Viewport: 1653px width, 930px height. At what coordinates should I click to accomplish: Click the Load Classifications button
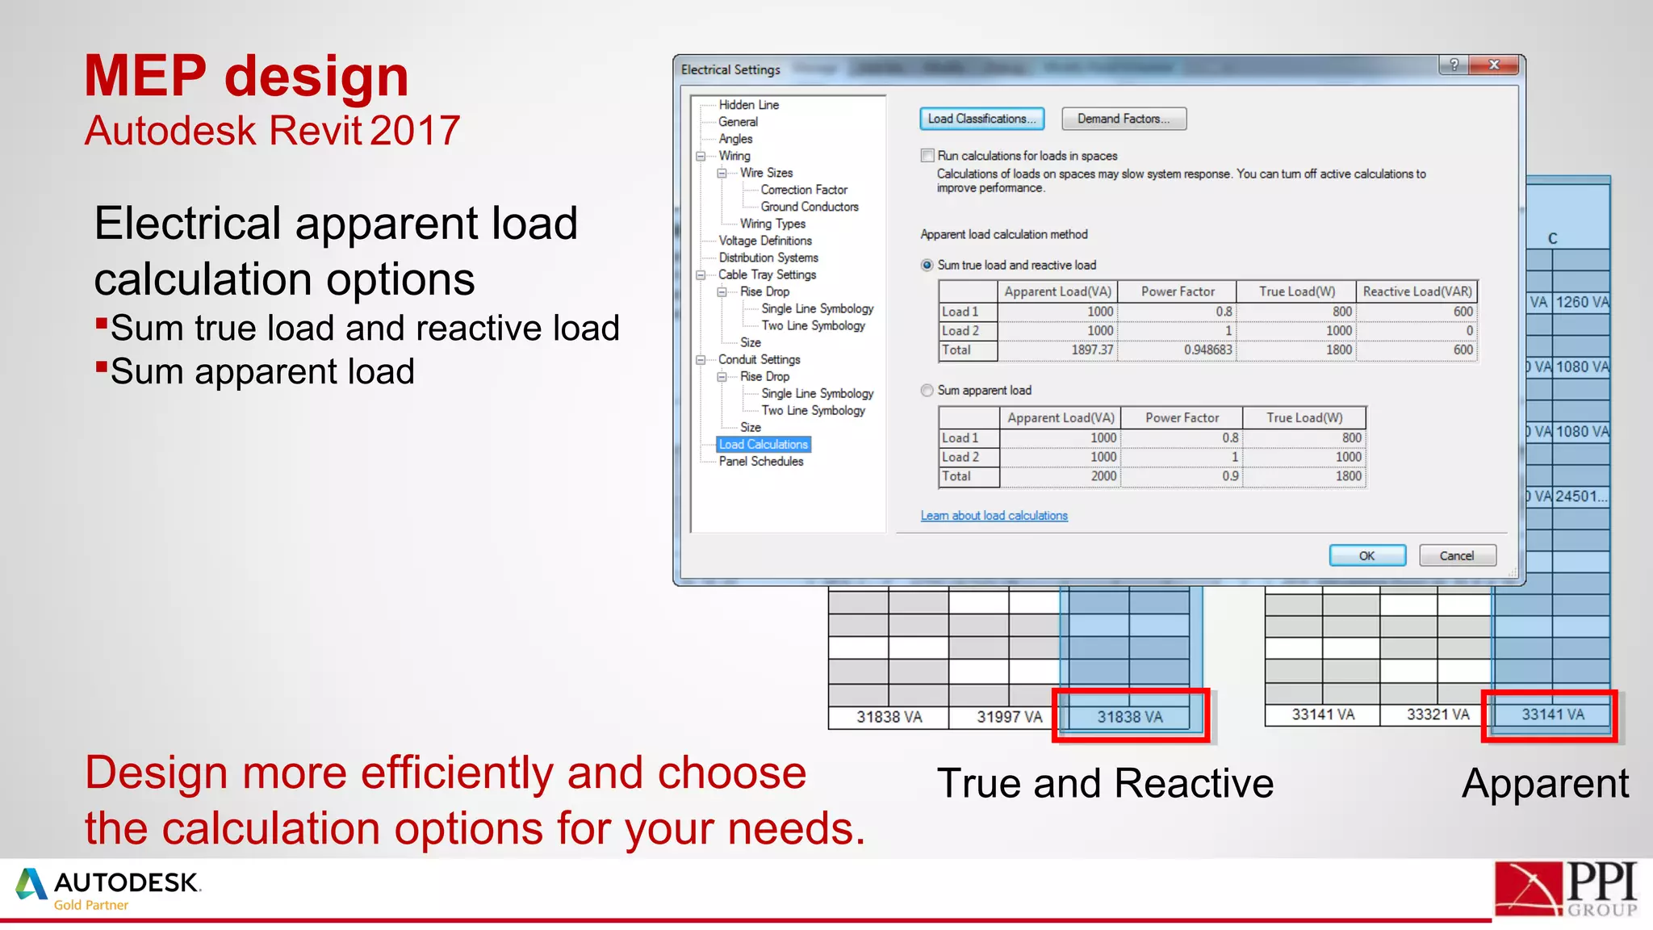pos(981,119)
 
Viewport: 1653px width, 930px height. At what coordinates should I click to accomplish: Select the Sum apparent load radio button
pos(927,391)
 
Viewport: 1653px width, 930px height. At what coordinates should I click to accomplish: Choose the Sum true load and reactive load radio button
pos(927,266)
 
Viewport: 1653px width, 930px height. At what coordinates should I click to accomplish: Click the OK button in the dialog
pos(1366,555)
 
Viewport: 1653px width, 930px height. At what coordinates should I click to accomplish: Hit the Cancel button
pos(1457,555)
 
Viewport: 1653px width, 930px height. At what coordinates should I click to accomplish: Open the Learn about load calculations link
pos(994,516)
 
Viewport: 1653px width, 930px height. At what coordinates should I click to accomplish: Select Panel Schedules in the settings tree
pos(760,462)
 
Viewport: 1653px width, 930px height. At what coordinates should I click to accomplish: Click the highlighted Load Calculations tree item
pos(763,445)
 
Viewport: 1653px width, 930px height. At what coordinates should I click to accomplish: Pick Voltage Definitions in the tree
pos(765,241)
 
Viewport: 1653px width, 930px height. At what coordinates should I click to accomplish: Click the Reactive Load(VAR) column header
pos(1417,291)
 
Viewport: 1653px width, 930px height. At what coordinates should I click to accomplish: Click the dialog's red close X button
pos(1494,65)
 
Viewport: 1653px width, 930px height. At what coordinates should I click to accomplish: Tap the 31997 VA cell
pos(1009,717)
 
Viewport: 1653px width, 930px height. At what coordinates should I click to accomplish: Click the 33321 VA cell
pos(1437,714)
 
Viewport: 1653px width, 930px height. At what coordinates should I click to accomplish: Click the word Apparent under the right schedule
pos(1545,783)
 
